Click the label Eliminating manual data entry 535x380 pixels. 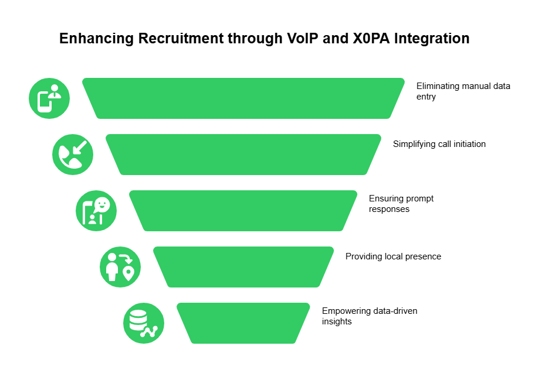click(x=463, y=91)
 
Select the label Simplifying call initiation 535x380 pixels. click(x=439, y=144)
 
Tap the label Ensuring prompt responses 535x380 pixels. click(x=401, y=204)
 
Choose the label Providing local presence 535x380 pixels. click(x=393, y=256)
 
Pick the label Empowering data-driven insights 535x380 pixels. click(x=370, y=316)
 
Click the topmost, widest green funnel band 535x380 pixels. click(x=243, y=98)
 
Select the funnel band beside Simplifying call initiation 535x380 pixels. click(x=243, y=155)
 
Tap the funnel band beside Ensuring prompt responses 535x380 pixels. click(x=243, y=211)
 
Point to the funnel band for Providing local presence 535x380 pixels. click(x=243, y=267)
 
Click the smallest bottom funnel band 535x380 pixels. click(x=243, y=323)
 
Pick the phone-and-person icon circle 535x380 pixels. click(x=49, y=98)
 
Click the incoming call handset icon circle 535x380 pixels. click(x=73, y=155)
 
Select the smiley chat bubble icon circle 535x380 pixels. click(x=96, y=211)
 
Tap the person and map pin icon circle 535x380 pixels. click(x=120, y=267)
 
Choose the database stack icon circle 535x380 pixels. click(x=144, y=323)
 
